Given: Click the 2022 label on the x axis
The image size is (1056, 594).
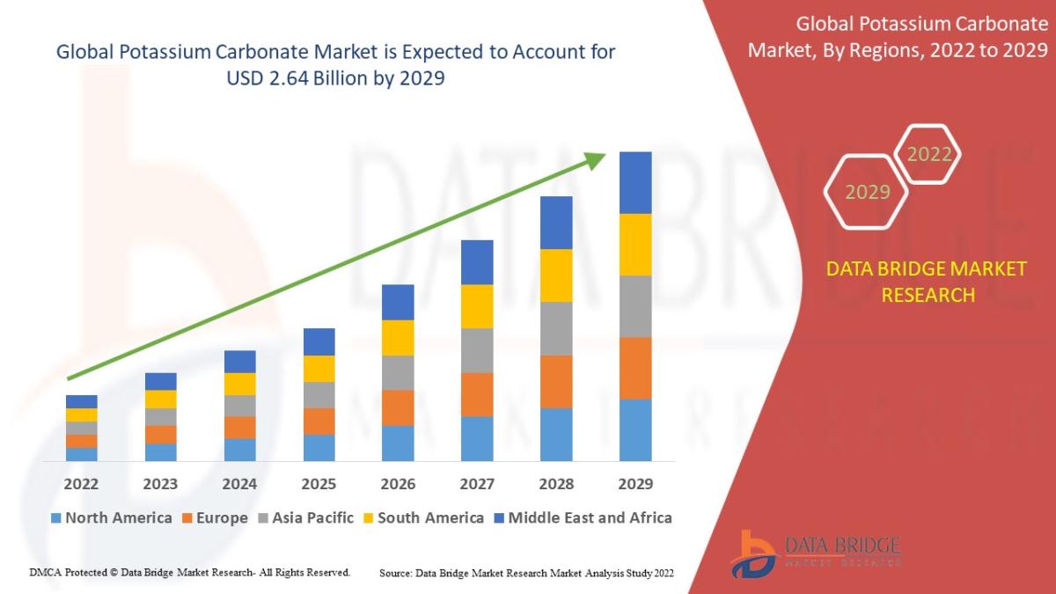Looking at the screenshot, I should [x=81, y=484].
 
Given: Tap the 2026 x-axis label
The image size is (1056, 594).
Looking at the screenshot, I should [x=398, y=484].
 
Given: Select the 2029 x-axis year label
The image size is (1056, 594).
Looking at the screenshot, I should [x=635, y=484].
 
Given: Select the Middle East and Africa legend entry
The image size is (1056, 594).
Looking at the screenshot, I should [x=582, y=517].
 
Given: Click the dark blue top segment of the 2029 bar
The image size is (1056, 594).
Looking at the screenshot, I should [x=635, y=182].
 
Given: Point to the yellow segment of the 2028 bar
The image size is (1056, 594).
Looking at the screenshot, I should [x=556, y=275].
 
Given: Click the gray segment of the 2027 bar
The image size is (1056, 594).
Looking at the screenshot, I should [x=477, y=350].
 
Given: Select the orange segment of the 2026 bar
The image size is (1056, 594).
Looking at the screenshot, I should [x=398, y=407].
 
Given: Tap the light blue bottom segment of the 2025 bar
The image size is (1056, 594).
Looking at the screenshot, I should [x=319, y=447].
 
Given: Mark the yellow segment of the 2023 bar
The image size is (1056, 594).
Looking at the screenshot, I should [x=160, y=399].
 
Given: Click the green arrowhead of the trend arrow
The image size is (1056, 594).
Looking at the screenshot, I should [x=596, y=160].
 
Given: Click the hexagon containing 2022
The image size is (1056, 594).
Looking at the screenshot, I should [x=928, y=155].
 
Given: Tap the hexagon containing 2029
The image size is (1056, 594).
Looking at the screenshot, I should [x=867, y=192].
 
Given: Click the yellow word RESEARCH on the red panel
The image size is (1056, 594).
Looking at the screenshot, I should [x=928, y=295].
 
